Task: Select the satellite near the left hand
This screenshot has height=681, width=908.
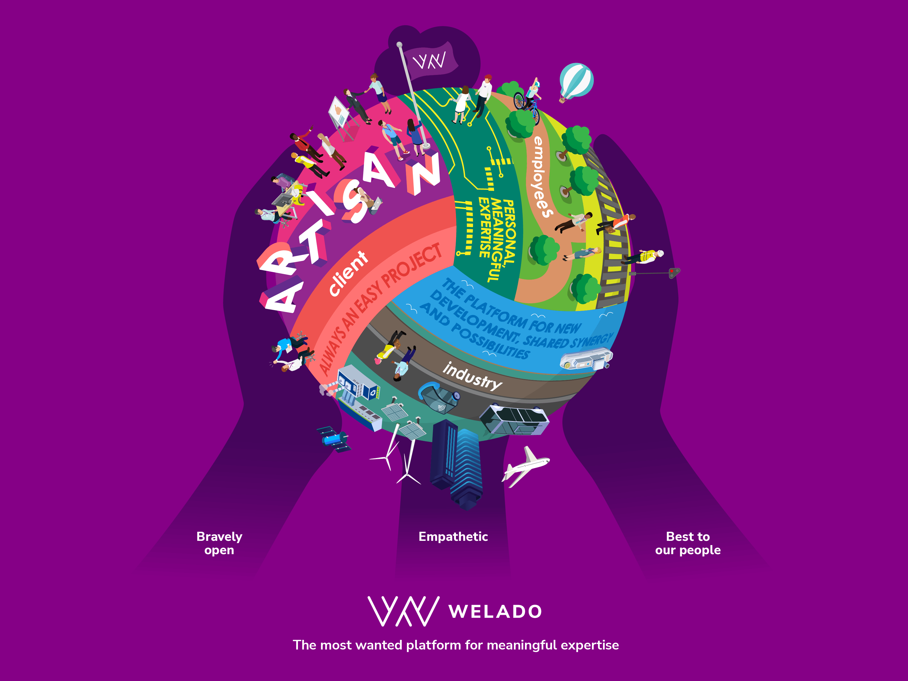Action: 334,438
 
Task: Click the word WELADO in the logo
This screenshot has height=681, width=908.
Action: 495,612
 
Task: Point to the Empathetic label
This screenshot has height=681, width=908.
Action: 453,537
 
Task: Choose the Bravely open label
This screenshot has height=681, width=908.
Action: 219,543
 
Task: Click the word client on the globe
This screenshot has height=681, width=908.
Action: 348,273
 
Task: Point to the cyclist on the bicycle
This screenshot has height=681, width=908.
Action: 529,100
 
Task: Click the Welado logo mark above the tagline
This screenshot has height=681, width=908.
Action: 403,611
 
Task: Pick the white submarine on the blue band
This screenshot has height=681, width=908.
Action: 586,360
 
